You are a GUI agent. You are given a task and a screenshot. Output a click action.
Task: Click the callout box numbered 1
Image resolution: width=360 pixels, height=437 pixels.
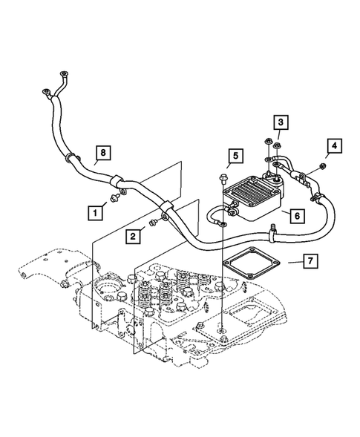point(94,211)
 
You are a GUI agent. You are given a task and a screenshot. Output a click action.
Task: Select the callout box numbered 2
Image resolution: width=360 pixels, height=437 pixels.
point(131,236)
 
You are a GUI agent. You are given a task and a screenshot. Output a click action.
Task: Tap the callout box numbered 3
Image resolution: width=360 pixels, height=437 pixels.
point(281,122)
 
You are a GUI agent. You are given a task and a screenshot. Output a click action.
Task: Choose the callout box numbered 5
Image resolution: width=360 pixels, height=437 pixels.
point(234,156)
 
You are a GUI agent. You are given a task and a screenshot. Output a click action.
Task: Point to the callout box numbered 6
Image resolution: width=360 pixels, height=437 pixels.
point(295,215)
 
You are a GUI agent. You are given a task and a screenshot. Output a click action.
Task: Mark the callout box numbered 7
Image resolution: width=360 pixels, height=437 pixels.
point(311,261)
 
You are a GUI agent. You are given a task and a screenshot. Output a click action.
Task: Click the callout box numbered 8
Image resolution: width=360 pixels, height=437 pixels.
point(105,153)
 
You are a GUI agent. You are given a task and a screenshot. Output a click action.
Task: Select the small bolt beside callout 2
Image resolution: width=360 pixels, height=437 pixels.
point(152,221)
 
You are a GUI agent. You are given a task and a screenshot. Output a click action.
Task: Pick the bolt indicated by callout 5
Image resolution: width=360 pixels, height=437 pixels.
point(223,177)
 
